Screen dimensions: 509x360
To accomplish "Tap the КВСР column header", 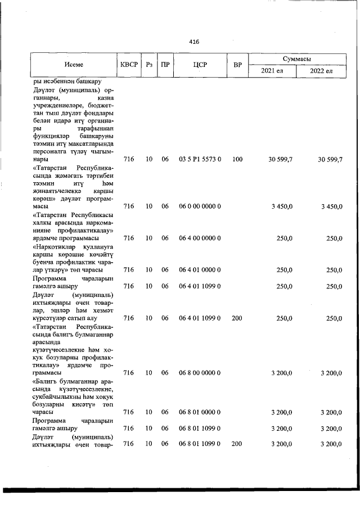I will tap(129, 65).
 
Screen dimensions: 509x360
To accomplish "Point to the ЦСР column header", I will tap(200, 65).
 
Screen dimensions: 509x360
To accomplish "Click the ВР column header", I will tap(237, 65).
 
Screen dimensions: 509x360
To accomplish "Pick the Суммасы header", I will tap(298, 58).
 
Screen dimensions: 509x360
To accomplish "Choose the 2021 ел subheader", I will tap(273, 72).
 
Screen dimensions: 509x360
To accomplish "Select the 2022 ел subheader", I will tap(322, 72).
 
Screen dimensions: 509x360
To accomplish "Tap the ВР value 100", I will tap(237, 160).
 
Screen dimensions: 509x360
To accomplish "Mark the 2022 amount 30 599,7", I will tap(330, 160).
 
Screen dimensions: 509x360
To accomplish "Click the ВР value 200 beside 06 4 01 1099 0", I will tap(237, 318).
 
